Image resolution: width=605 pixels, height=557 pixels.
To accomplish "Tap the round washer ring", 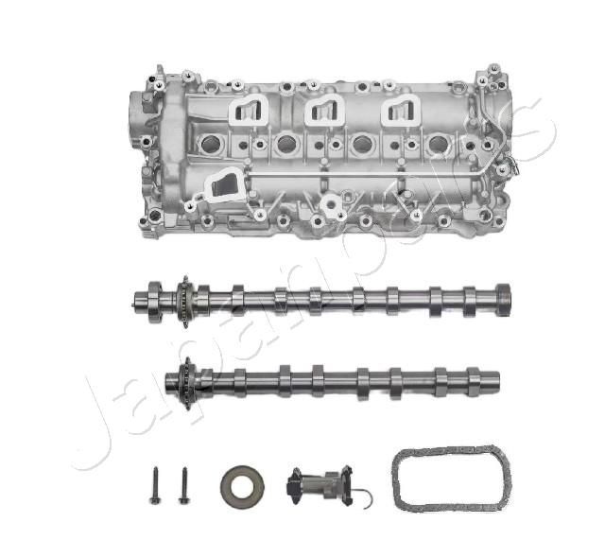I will click(x=242, y=485).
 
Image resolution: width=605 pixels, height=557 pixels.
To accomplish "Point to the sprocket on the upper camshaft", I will click(x=183, y=300).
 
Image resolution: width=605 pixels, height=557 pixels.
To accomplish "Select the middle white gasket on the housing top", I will click(x=324, y=111).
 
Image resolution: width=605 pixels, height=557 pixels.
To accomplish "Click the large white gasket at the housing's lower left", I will click(x=221, y=185).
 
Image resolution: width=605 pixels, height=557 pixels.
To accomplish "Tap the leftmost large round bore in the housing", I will click(x=211, y=144).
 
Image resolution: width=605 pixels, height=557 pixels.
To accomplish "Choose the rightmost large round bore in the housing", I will click(x=437, y=145).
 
